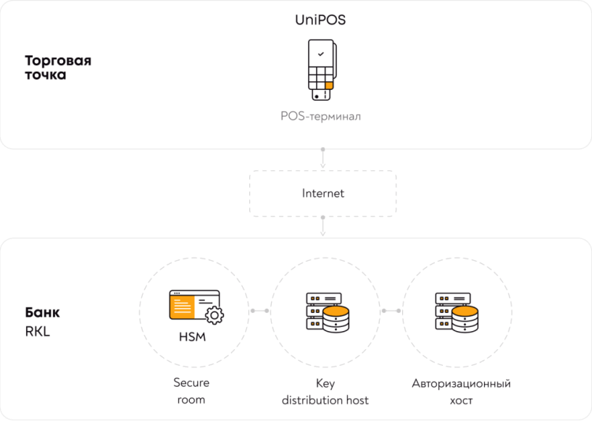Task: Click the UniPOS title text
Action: pyautogui.click(x=320, y=20)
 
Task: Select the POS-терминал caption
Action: pyautogui.click(x=321, y=116)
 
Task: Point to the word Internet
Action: pyautogui.click(x=322, y=193)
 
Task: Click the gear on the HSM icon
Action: pyautogui.click(x=214, y=315)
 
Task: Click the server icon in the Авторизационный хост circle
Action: pyautogui.click(x=456, y=312)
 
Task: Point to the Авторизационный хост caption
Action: pyautogui.click(x=461, y=391)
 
